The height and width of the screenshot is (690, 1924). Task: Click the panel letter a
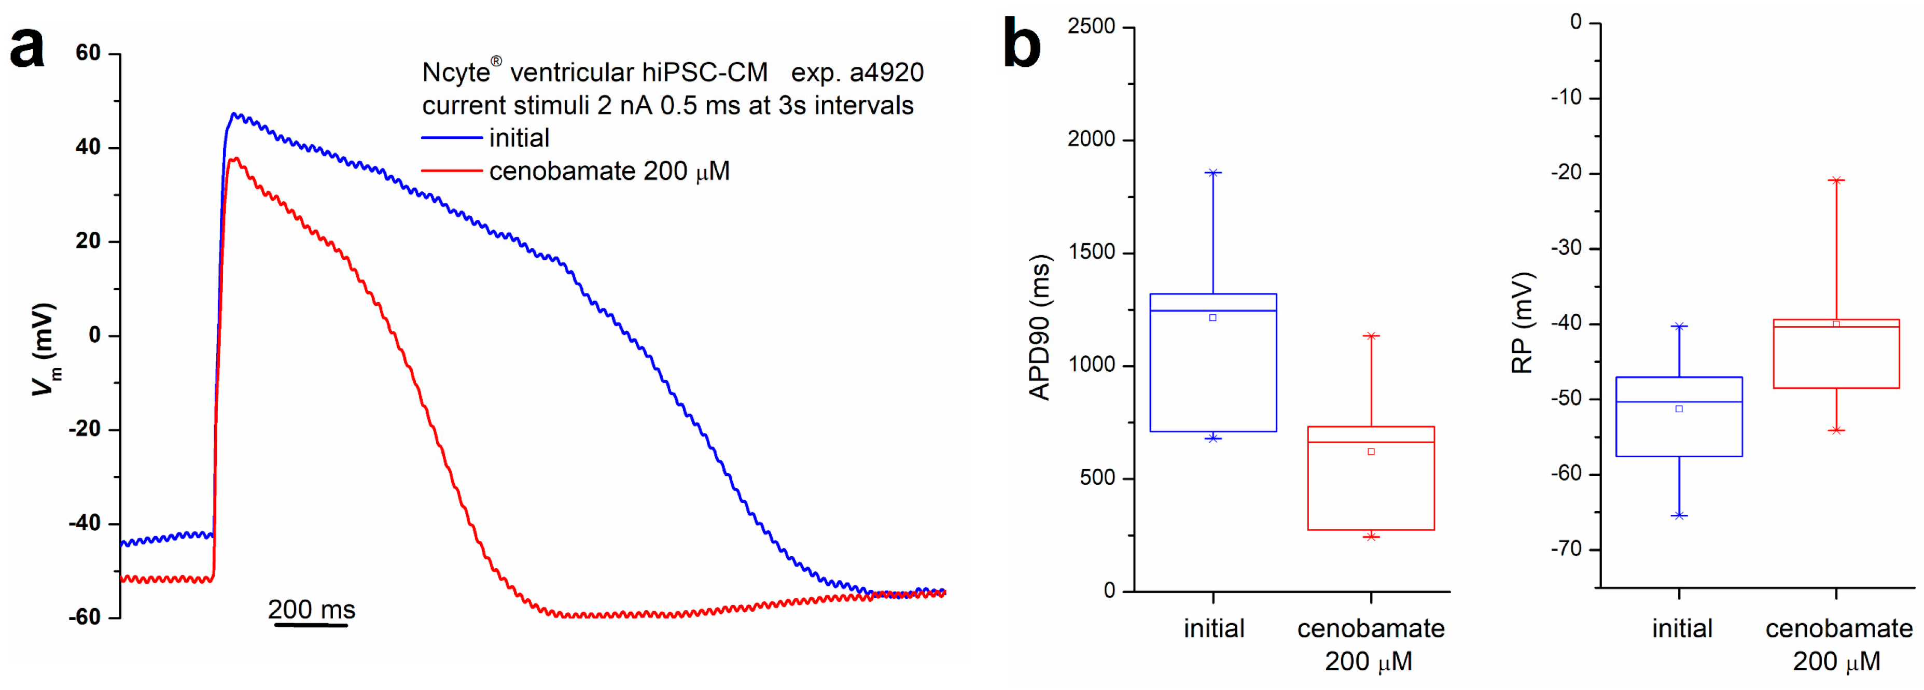27,48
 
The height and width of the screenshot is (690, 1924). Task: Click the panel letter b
1021,44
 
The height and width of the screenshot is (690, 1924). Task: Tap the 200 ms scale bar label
312,609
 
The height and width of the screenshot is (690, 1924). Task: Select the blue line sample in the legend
452,138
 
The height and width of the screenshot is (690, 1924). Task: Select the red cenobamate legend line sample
452,171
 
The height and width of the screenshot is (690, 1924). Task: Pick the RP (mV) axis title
1522,322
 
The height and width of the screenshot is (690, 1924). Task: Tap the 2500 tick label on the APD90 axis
1091,27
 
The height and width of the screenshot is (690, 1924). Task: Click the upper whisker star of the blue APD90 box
1213,173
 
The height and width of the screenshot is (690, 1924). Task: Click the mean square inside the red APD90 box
1371,452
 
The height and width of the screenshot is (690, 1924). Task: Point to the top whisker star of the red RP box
1836,180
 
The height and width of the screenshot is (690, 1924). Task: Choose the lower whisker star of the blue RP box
1679,515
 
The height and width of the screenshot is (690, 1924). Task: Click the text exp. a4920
857,73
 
